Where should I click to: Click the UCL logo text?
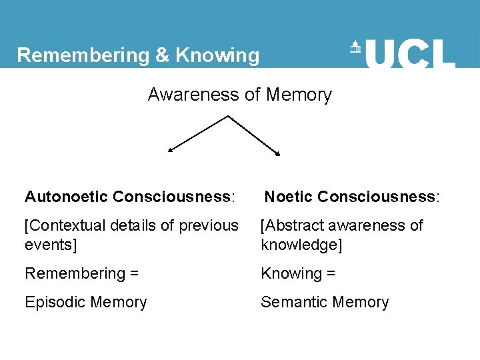410,53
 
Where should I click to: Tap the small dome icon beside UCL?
355,48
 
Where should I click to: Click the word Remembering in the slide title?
83,55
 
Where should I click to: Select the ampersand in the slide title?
162,55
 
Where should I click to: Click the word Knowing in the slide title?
217,55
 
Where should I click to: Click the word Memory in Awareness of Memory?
298,95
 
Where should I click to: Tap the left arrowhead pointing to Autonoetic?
170,151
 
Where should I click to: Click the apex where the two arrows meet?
228,117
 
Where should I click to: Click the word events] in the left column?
51,245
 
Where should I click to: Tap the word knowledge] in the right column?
301,245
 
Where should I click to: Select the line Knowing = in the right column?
297,273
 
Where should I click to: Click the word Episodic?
54,302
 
